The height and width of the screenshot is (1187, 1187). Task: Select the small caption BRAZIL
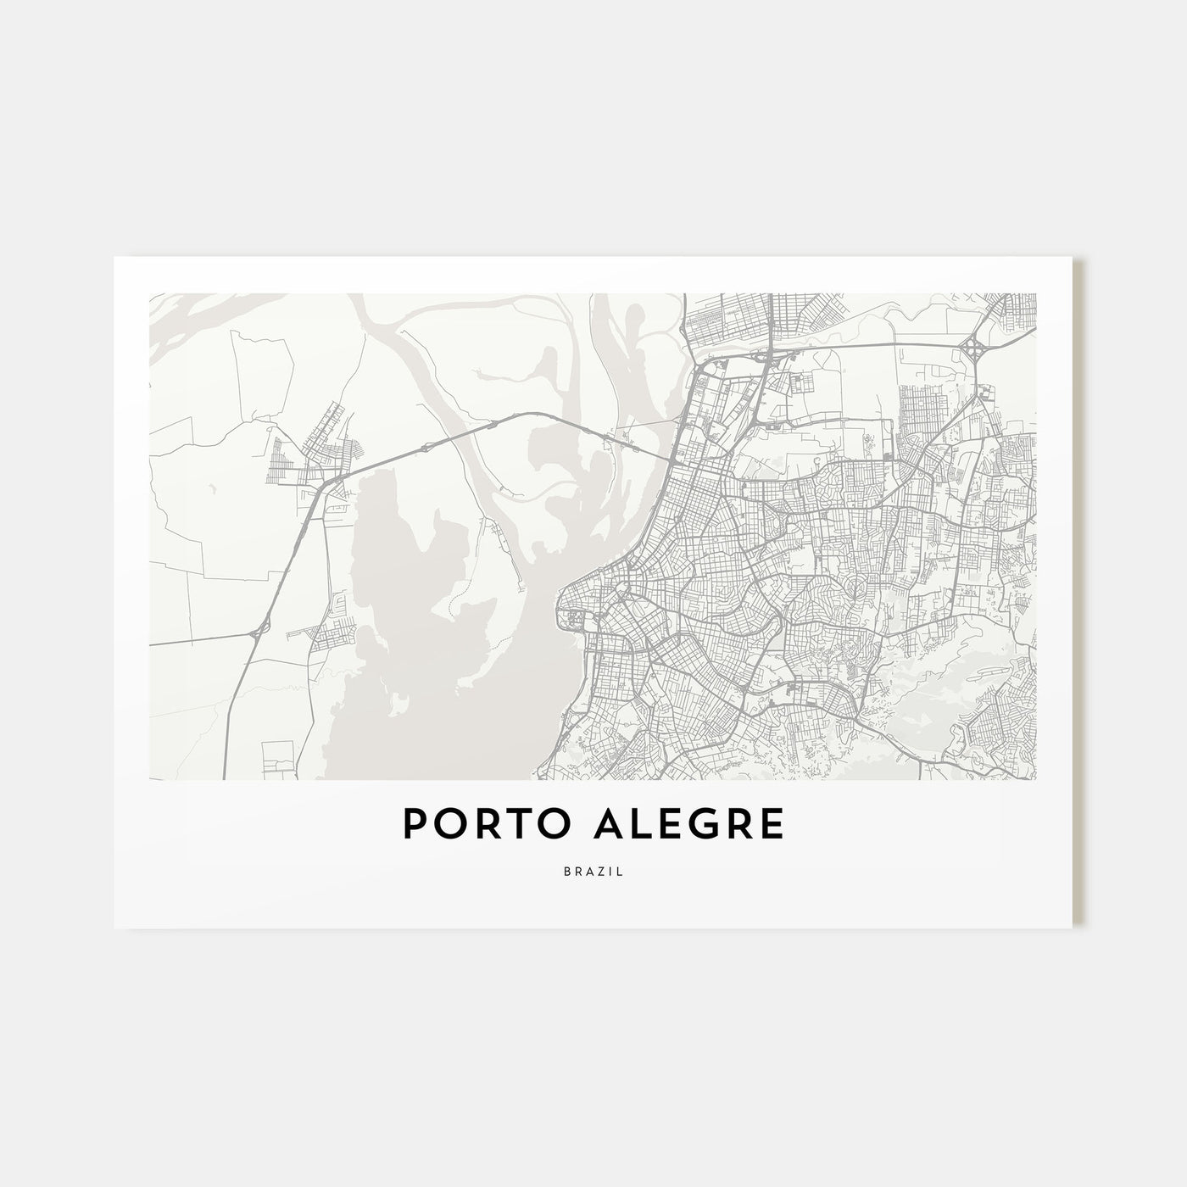tap(593, 871)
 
